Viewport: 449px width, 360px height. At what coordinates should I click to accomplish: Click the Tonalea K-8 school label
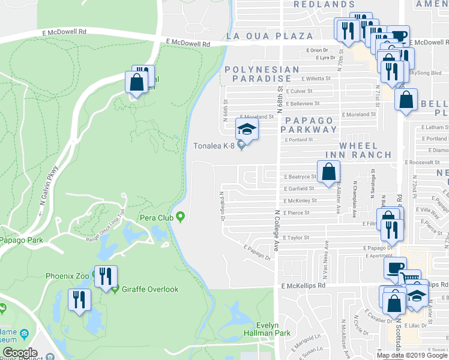click(x=212, y=145)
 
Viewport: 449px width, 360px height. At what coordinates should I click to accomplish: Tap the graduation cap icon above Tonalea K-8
click(x=246, y=128)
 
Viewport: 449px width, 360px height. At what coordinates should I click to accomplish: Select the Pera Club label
click(x=156, y=217)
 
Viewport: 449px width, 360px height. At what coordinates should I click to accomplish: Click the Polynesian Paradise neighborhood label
click(x=262, y=74)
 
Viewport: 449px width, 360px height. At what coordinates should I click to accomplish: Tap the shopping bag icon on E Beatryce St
click(x=329, y=172)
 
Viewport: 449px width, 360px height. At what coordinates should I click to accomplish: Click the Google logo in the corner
click(x=20, y=353)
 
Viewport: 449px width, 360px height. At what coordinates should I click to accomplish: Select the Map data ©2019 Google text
click(x=412, y=355)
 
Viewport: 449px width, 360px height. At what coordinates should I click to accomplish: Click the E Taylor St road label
click(x=295, y=238)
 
